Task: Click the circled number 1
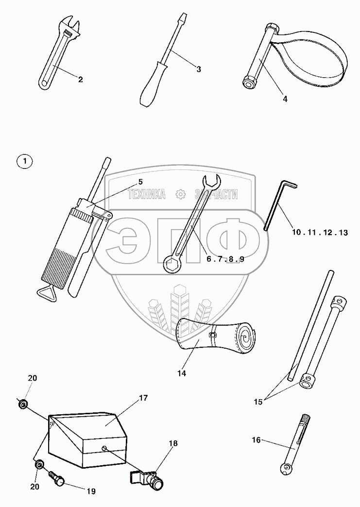pos(25,161)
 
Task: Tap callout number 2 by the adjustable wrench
pos(81,79)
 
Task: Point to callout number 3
pos(199,69)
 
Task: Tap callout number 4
pos(285,99)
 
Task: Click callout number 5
pos(140,182)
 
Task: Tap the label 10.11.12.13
pos(320,233)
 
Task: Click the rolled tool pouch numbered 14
pos(219,336)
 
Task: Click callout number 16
pos(257,440)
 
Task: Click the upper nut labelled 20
pos(23,404)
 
